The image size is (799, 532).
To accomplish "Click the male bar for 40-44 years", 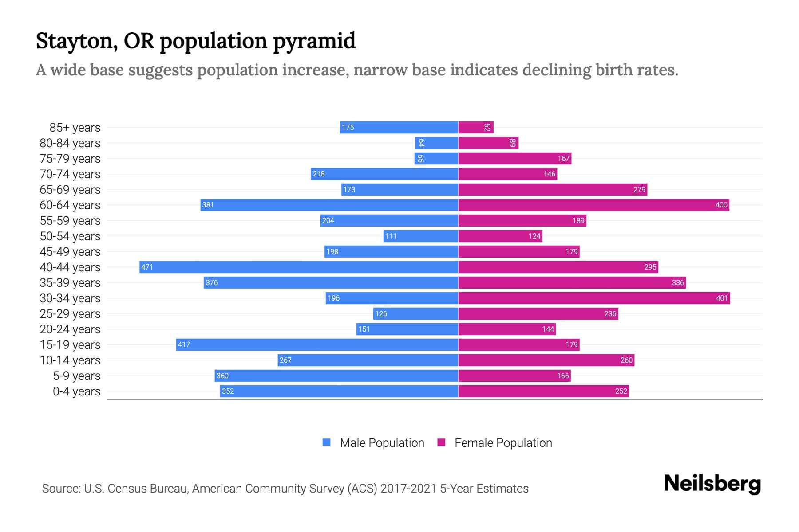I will coord(299,267).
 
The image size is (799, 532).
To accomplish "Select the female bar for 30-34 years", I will coord(594,298).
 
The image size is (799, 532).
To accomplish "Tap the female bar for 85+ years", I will coord(476,127).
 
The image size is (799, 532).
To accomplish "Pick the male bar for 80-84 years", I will coord(437,143).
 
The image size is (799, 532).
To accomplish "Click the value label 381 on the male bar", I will coord(208,205).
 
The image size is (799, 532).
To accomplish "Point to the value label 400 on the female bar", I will coord(721,205).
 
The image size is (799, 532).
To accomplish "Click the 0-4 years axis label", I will coord(76,391).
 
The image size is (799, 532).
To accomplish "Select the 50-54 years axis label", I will coord(70,236).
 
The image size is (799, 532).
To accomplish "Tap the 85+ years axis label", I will coord(75,127).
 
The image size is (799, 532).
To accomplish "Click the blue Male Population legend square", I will coord(327,442).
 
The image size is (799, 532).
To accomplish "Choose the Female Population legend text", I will coord(503,442).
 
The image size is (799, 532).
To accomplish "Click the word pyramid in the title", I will coord(314,41).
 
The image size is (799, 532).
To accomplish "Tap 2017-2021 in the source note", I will coord(408,488).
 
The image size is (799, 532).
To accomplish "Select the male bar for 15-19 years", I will coord(317,344).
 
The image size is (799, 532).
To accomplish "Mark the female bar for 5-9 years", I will coord(514,376).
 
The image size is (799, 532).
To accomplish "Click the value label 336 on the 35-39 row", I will coord(677,282).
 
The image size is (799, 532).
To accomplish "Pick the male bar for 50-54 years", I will coord(421,236).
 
